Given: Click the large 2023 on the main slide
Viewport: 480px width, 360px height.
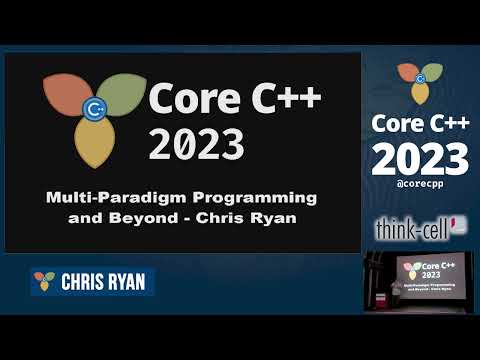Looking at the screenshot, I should tap(195, 142).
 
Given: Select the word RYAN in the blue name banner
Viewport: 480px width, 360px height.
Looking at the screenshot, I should tap(126, 282).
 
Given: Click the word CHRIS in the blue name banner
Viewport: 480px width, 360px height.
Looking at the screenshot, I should tap(82, 282).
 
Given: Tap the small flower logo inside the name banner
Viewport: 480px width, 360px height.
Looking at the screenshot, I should tap(44, 281).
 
